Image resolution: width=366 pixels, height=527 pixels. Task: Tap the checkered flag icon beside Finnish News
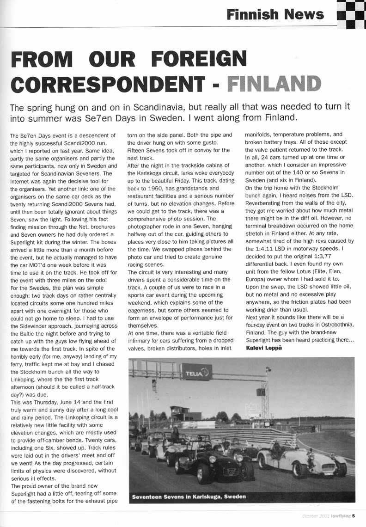point(351,14)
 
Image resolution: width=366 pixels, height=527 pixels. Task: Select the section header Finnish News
point(275,14)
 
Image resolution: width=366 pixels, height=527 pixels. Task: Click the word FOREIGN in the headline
point(196,59)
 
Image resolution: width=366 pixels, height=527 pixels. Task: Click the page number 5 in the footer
point(353,516)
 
